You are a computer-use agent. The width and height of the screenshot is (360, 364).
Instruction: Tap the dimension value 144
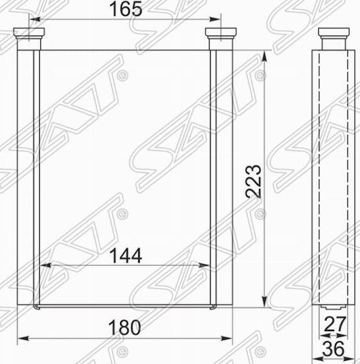click(125, 255)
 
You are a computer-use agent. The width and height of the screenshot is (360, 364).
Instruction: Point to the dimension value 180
click(125, 326)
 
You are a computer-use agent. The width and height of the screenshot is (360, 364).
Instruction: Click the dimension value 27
click(335, 324)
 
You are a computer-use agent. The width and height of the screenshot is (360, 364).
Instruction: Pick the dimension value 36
click(335, 350)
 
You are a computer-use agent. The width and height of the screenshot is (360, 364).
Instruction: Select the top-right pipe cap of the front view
click(219, 34)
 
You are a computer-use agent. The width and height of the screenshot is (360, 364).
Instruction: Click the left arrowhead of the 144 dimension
click(45, 266)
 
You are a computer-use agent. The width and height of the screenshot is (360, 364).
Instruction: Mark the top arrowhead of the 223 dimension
click(266, 53)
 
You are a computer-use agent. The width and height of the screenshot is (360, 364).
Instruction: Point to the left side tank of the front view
click(27, 178)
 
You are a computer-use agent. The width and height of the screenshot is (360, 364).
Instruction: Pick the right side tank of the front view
click(222, 178)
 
